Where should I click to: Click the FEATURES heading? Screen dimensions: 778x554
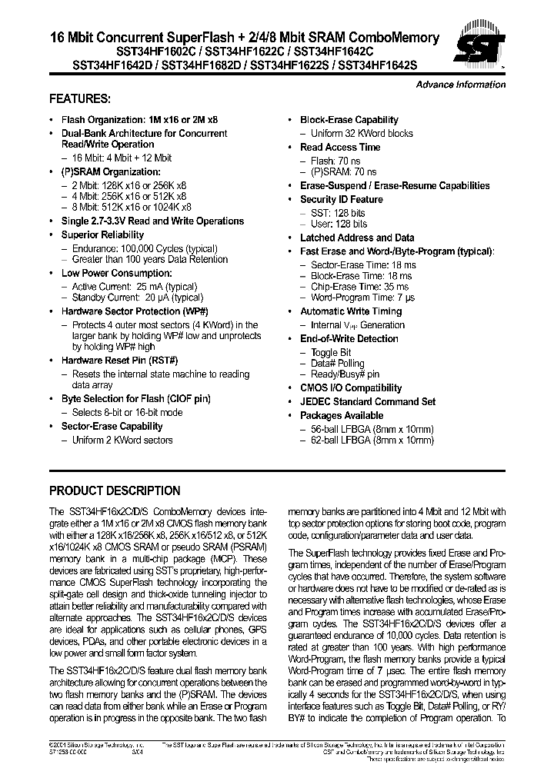click(x=80, y=99)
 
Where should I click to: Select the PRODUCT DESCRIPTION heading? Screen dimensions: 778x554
click(x=115, y=490)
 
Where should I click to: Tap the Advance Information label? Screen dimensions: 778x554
click(x=460, y=85)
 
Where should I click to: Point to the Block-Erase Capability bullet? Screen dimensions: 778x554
click(x=349, y=120)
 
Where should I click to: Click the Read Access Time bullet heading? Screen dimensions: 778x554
click(x=340, y=147)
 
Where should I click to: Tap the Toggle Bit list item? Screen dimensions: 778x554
click(x=330, y=352)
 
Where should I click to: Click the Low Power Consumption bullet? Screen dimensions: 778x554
click(x=116, y=273)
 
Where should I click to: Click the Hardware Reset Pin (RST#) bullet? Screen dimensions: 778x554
click(x=119, y=361)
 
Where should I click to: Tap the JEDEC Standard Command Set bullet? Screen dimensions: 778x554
click(x=367, y=401)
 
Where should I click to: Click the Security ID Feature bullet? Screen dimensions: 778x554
click(x=341, y=199)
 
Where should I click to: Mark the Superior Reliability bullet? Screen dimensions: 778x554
click(x=102, y=234)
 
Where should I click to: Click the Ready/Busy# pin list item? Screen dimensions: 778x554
click(x=345, y=374)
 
